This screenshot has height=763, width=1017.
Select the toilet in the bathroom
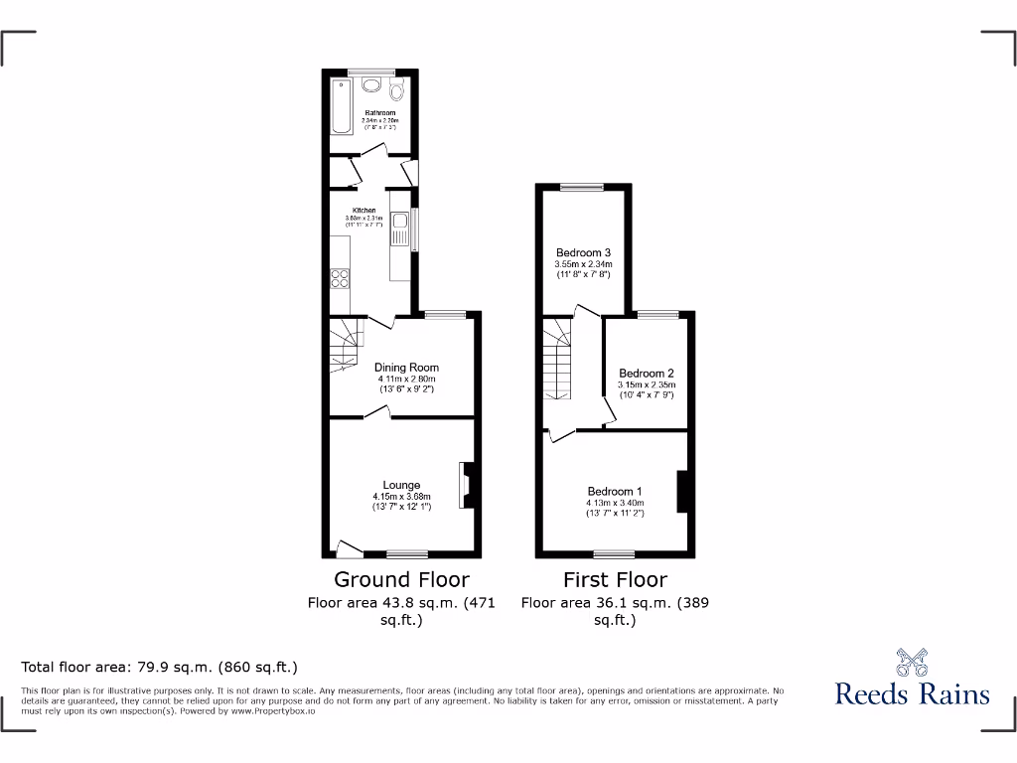point(398,92)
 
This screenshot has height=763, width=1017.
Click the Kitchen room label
point(364,211)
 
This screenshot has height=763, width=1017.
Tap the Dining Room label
point(406,368)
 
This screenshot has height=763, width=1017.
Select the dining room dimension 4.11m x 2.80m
point(406,379)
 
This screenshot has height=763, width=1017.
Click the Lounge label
point(401,486)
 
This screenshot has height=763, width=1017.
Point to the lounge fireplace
point(467,485)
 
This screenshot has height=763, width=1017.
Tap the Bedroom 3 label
point(583,252)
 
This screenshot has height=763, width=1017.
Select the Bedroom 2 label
point(647,374)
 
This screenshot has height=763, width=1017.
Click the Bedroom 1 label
point(615,492)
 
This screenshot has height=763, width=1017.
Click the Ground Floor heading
point(401,579)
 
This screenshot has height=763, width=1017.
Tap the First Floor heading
point(615,579)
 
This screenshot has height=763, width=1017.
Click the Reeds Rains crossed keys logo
point(912,662)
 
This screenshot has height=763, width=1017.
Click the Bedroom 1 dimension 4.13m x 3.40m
point(615,503)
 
